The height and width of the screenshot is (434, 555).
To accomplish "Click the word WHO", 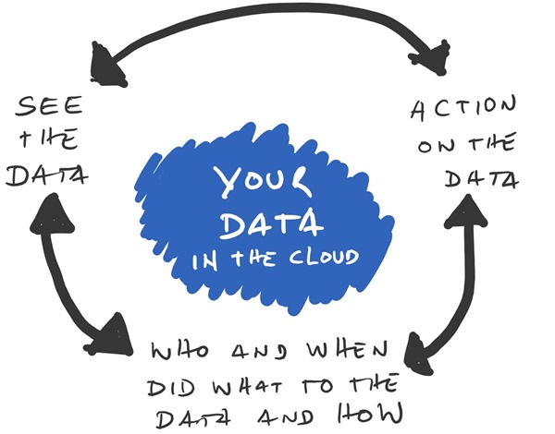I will click(181, 352).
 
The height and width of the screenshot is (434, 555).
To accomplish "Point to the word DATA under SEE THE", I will click(43, 175).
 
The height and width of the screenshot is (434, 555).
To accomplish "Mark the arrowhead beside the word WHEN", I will click(422, 352).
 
